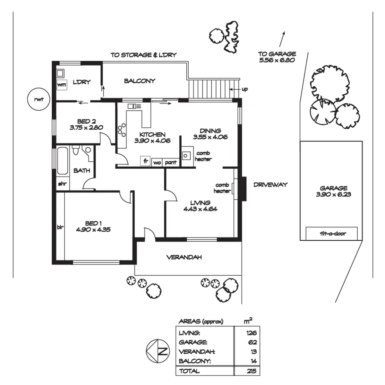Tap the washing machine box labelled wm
pyautogui.click(x=62, y=85)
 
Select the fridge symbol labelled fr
pyautogui.click(x=145, y=161)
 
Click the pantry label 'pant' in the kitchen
pyautogui.click(x=171, y=162)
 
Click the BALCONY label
pyautogui.click(x=140, y=81)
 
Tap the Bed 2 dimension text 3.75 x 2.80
pyautogui.click(x=86, y=127)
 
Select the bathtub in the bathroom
pyautogui.click(x=63, y=161)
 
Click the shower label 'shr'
pyautogui.click(x=62, y=184)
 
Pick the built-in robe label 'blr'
pyautogui.click(x=60, y=227)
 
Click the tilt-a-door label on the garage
pyautogui.click(x=333, y=233)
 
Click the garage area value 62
pyautogui.click(x=252, y=342)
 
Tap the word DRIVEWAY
pyautogui.click(x=270, y=184)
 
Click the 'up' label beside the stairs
pyautogui.click(x=245, y=89)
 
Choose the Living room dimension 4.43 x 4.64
pyautogui.click(x=201, y=209)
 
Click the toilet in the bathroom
pyautogui.click(x=75, y=150)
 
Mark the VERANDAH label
pyautogui.click(x=184, y=257)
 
